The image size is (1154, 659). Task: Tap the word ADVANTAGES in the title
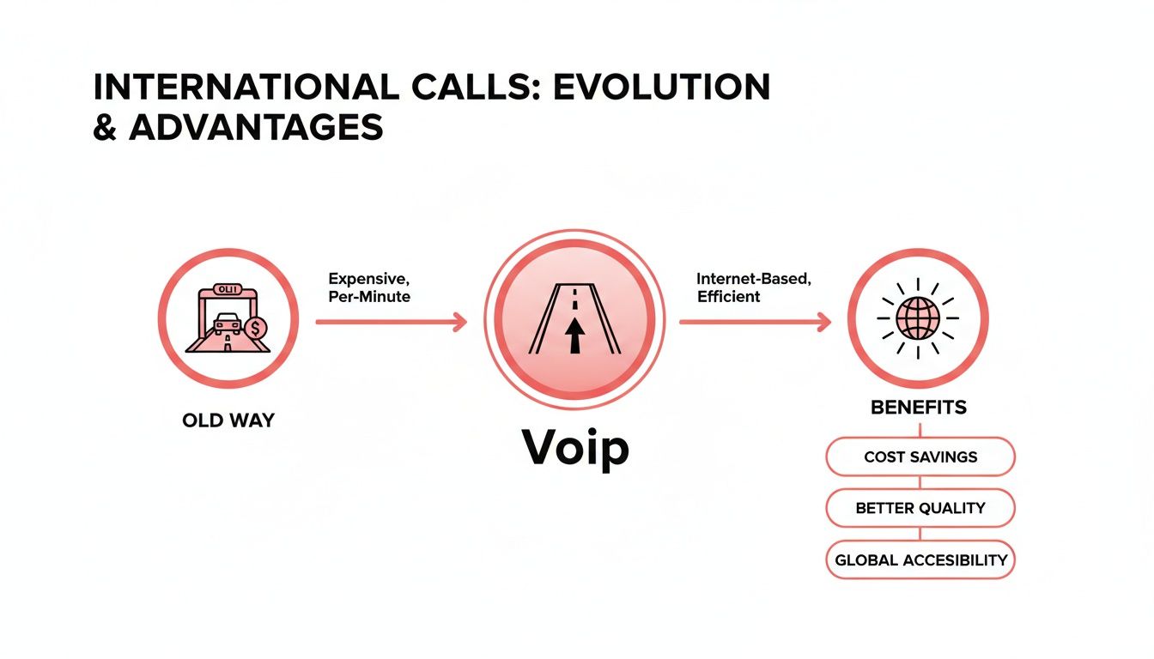pyautogui.click(x=256, y=127)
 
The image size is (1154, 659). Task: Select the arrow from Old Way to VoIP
pyautogui.click(x=392, y=322)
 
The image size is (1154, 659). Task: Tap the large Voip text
pyautogui.click(x=575, y=447)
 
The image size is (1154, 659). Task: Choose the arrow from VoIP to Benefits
pyautogui.click(x=755, y=322)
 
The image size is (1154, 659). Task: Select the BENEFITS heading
pyautogui.click(x=918, y=408)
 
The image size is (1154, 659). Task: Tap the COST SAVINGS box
pyautogui.click(x=920, y=456)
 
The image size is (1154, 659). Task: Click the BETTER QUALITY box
pyautogui.click(x=920, y=508)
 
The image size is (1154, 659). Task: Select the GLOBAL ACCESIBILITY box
pyautogui.click(x=920, y=560)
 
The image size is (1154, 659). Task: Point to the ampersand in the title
pyautogui.click(x=106, y=127)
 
